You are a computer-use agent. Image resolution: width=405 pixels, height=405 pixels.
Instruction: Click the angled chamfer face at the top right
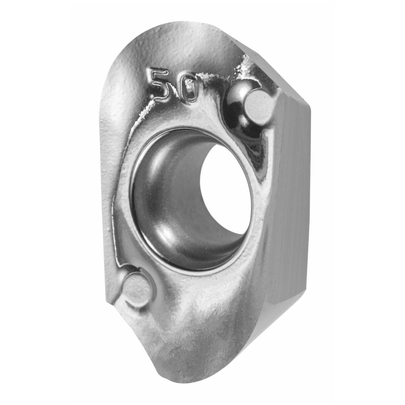coord(271,72)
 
